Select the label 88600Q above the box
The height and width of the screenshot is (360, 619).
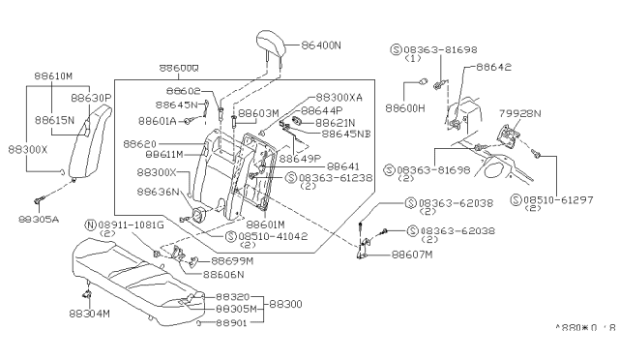[x=179, y=68]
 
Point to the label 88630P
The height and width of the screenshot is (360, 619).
[x=93, y=98]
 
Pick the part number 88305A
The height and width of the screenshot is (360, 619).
[x=40, y=218]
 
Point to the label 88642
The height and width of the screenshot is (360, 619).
[x=494, y=68]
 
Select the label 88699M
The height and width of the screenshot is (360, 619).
[x=228, y=261]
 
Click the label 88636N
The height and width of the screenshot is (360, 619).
[x=160, y=192]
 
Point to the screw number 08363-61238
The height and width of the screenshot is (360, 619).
[x=335, y=178]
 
